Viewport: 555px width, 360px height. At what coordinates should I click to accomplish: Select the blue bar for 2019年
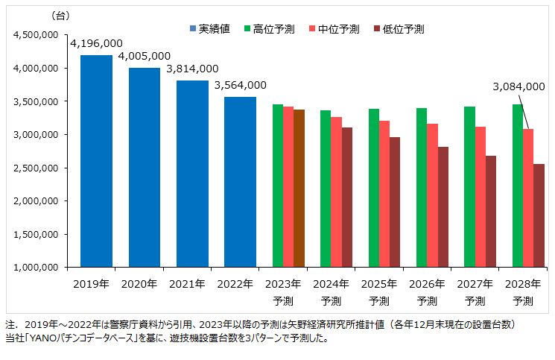pos(97,160)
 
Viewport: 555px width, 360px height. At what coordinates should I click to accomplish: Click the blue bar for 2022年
pos(240,182)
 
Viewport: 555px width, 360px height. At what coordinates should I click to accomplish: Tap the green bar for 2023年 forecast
pos(277,186)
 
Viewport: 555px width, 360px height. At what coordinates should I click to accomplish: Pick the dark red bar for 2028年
pos(538,215)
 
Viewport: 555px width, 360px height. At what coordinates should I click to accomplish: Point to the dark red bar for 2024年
pos(346,197)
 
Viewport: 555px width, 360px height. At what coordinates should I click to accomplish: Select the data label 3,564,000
pos(240,86)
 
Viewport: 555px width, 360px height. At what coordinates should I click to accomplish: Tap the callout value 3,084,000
pos(518,86)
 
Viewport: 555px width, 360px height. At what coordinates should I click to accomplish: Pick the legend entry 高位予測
pos(273,29)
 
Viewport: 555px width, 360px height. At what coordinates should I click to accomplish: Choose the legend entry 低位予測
pos(403,29)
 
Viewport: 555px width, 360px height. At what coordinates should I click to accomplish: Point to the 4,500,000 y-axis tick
pos(37,35)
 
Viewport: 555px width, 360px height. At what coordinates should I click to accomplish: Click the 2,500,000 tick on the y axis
pos(37,168)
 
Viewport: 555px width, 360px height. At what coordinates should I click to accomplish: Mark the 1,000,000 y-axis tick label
pos(37,267)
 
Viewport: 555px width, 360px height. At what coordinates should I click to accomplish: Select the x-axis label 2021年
pos(186,284)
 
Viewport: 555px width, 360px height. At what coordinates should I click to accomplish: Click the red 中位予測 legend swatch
pos(312,29)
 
